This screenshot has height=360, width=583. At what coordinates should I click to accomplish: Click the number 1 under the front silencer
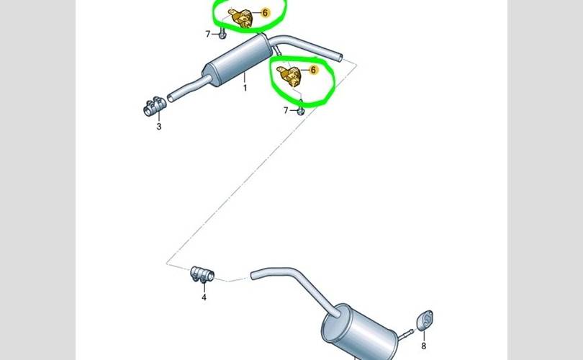point(245,88)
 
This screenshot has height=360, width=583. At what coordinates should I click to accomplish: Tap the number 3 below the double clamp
point(159,127)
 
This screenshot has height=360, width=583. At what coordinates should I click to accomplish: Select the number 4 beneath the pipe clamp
point(204,297)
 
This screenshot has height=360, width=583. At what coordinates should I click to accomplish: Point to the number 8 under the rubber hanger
point(423,346)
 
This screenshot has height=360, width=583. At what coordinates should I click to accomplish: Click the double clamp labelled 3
point(154,106)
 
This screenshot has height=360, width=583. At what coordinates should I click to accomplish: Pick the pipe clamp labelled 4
point(202,274)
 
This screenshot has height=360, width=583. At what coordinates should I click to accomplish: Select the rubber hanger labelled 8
point(425,320)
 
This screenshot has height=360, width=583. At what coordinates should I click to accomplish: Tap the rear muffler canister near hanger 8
point(357,333)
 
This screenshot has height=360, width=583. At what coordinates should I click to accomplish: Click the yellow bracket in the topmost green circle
point(241,18)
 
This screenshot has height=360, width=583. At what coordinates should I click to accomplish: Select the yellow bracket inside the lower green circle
point(290,76)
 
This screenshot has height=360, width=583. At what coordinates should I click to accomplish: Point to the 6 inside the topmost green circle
point(265,13)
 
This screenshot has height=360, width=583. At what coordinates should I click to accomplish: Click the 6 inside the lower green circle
point(313,70)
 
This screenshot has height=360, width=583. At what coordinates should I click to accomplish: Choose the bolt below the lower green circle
point(301,109)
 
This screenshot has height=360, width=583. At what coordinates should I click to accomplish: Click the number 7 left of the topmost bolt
point(208,34)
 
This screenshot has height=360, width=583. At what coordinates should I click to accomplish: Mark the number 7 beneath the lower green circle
point(286,110)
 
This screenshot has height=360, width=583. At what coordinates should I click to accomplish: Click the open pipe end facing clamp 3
point(171,98)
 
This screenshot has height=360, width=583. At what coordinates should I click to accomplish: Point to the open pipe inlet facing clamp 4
point(254,276)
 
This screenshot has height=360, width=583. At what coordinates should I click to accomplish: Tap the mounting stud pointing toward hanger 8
point(406,333)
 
